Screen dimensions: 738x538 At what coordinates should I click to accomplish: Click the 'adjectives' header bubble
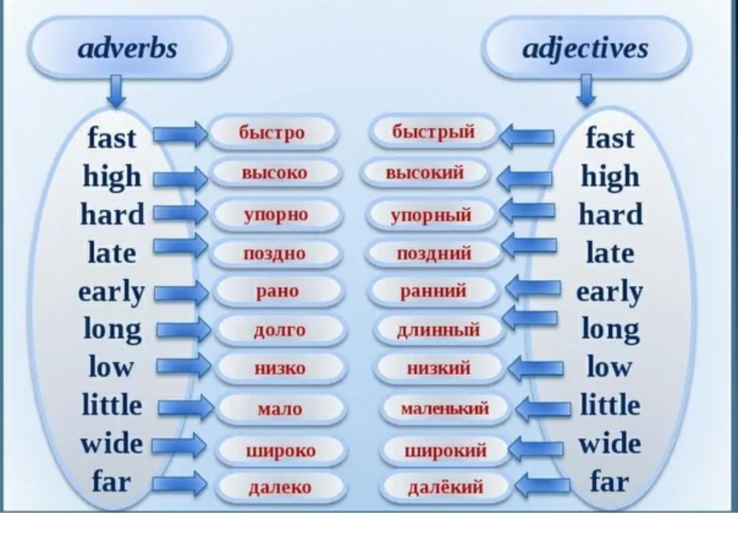[x=586, y=48]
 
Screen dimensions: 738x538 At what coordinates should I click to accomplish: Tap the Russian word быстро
[x=271, y=132]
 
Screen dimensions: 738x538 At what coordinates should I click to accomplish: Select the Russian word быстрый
[x=433, y=132]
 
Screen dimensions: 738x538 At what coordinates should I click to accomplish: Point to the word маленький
[x=445, y=408]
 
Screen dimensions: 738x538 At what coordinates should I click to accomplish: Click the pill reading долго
[x=281, y=329]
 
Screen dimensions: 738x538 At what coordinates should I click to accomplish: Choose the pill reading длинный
[x=438, y=329]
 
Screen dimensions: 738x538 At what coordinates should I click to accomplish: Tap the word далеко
[x=279, y=487]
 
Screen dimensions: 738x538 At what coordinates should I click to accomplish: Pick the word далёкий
[x=446, y=487]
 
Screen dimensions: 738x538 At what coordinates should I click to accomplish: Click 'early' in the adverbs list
[x=111, y=293]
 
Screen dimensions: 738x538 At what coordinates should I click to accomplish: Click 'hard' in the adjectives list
[x=610, y=215]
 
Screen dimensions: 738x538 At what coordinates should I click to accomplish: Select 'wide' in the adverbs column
[x=111, y=444]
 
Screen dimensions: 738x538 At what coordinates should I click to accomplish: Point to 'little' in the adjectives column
[x=610, y=405]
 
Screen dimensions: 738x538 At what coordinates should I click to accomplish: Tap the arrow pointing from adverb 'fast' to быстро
[x=180, y=135]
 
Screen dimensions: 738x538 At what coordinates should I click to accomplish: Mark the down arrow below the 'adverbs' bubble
[x=115, y=91]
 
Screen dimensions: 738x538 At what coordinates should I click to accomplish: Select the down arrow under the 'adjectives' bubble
[x=586, y=90]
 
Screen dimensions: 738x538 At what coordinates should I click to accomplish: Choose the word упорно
[x=276, y=215]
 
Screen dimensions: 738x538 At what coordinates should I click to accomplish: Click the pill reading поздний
[x=433, y=253]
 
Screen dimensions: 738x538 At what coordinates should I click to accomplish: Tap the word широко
[x=281, y=451]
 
